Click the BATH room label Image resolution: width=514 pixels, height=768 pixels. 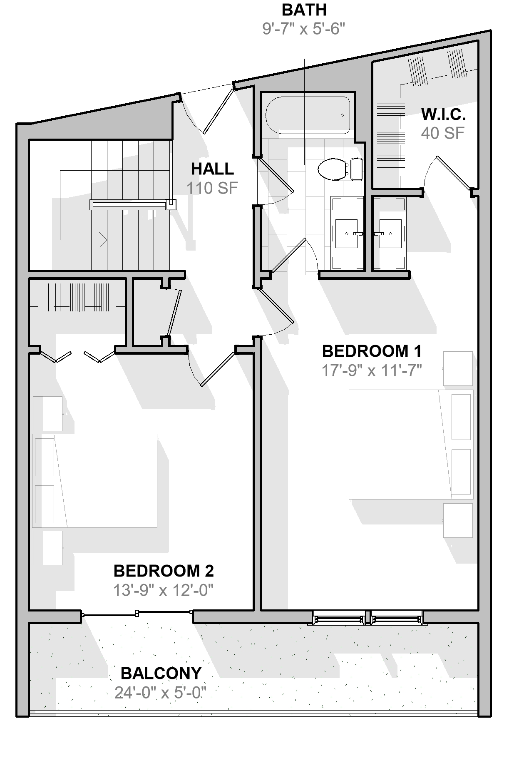tap(304, 10)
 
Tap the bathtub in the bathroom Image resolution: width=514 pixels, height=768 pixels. tap(308, 115)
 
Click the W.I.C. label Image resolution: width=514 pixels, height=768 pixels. tap(443, 114)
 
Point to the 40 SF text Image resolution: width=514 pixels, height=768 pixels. tap(442, 133)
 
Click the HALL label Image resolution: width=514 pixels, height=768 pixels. tap(212, 169)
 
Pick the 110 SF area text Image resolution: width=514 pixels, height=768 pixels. tap(212, 188)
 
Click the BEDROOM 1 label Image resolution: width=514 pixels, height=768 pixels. tap(372, 351)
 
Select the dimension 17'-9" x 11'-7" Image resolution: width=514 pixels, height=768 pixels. tap(372, 370)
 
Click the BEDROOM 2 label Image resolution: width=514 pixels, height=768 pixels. tap(164, 571)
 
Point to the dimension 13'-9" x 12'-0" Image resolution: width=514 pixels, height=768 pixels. tap(164, 590)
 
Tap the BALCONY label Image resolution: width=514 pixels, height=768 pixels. tap(161, 673)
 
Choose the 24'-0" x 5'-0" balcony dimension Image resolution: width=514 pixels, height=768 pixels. tap(161, 693)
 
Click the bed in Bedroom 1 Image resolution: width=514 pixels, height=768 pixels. tap(411, 444)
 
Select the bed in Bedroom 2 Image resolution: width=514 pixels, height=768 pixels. tap(95, 481)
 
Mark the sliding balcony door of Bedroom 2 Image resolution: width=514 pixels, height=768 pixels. tap(137, 613)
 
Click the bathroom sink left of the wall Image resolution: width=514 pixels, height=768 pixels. tap(346, 234)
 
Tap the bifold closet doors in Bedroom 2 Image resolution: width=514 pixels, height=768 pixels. tap(77, 357)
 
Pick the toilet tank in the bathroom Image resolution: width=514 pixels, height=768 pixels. tap(357, 169)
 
